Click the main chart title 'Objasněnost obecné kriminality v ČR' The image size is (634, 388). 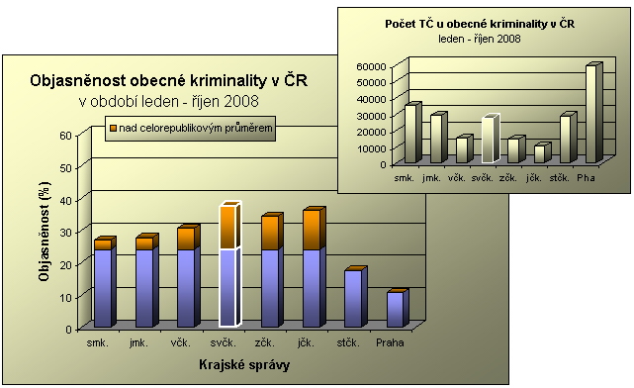click(x=169, y=81)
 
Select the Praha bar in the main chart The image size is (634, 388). click(x=396, y=309)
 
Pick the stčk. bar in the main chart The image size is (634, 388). click(x=354, y=297)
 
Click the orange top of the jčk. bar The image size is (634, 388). click(x=312, y=230)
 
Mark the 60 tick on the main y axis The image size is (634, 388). click(x=65, y=136)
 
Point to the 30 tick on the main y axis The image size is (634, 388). click(x=65, y=233)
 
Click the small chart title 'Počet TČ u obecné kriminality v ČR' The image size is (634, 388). click(x=480, y=23)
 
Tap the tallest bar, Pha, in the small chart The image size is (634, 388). click(x=590, y=114)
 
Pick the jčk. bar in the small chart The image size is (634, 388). click(x=539, y=153)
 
